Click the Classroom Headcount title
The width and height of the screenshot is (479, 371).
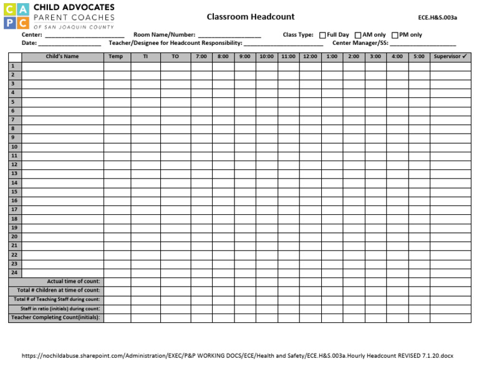pyautogui.click(x=251, y=17)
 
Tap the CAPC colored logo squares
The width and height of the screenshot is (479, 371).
pyautogui.click(x=16, y=16)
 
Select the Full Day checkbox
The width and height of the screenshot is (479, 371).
pyautogui.click(x=322, y=35)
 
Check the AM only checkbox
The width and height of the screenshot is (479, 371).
pyautogui.click(x=358, y=35)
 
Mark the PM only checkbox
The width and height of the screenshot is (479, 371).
pyautogui.click(x=395, y=35)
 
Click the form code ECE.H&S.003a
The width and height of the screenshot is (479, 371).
pyautogui.click(x=437, y=18)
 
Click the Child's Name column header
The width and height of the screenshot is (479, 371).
pyautogui.click(x=62, y=57)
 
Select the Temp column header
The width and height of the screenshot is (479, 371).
pyautogui.click(x=116, y=57)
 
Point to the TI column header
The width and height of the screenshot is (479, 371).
pyautogui.click(x=145, y=57)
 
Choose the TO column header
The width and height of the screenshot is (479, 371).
pyautogui.click(x=175, y=57)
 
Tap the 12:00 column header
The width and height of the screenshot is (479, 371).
pyautogui.click(x=310, y=57)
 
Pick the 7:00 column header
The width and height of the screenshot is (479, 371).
pyautogui.click(x=201, y=57)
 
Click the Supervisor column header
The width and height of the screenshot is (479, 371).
pyautogui.click(x=450, y=57)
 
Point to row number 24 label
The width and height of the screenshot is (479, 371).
pyautogui.click(x=14, y=273)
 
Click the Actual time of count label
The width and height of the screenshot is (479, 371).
pyautogui.click(x=73, y=282)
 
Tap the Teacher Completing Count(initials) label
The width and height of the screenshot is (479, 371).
pyautogui.click(x=56, y=318)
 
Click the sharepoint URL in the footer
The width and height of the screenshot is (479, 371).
pyautogui.click(x=237, y=355)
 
